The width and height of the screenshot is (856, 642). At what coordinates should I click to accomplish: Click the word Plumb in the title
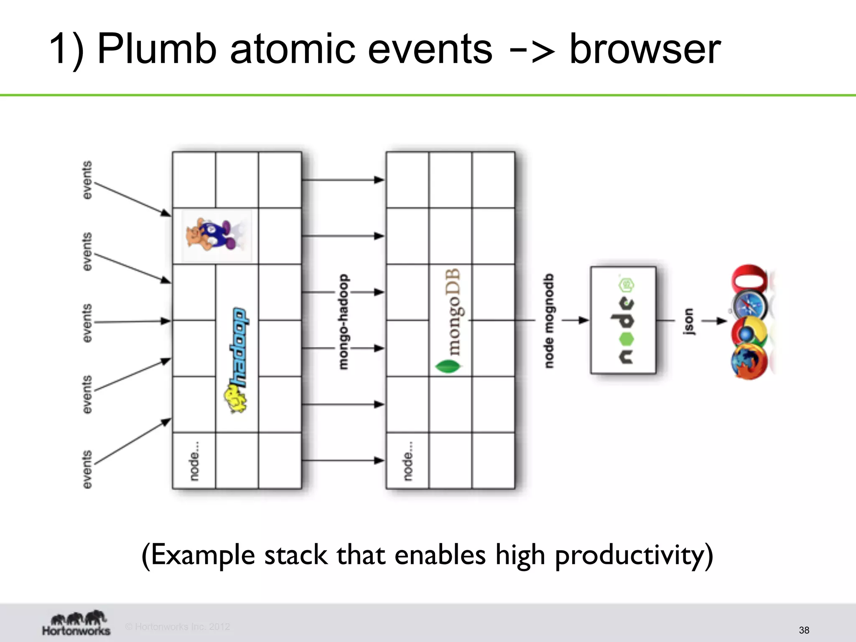156,49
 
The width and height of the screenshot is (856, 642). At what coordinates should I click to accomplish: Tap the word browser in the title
645,49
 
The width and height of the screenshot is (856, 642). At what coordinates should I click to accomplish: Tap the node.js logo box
623,320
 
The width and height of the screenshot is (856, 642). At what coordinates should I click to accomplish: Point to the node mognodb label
549,321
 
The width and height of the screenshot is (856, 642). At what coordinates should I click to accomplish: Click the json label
688,321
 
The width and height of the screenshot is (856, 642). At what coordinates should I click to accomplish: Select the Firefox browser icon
749,362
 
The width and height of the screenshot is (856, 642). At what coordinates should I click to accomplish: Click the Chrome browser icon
749,332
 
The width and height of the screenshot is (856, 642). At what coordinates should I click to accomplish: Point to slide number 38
804,630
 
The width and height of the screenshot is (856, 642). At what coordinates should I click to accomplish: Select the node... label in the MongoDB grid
408,461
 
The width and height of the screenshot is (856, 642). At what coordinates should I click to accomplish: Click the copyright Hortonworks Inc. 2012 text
178,627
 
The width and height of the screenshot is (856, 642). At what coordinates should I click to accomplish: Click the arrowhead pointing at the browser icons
722,321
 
